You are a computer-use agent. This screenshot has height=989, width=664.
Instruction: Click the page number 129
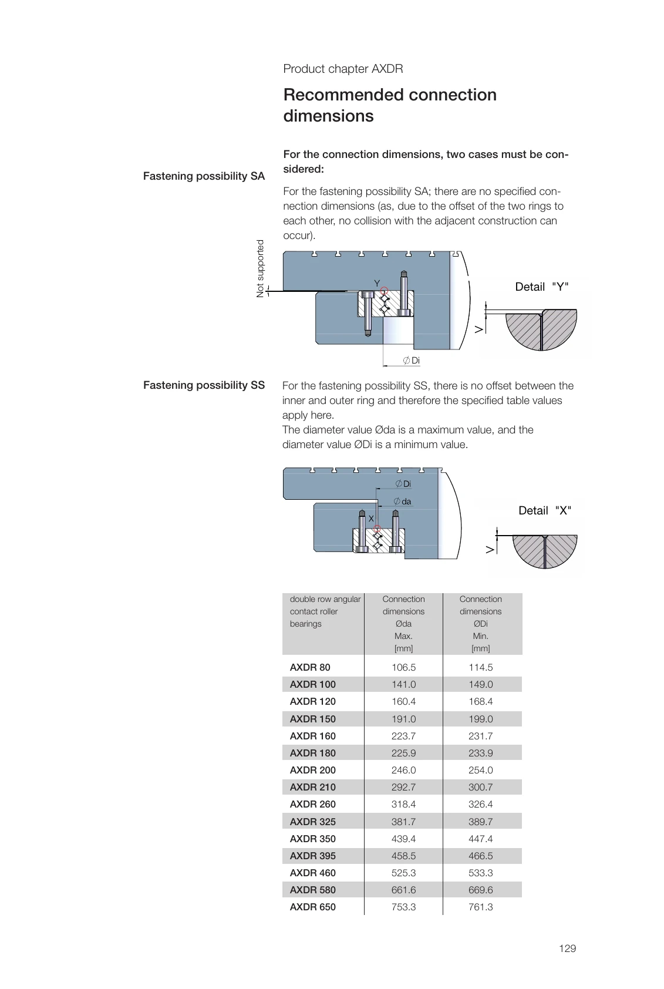coord(567,948)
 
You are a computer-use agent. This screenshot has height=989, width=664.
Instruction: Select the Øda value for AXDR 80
coord(403,667)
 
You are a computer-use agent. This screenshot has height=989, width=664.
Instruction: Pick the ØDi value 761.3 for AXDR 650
coord(480,907)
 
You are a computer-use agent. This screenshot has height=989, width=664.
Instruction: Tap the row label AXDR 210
coord(312,787)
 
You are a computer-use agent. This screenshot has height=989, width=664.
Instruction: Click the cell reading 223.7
coord(403,736)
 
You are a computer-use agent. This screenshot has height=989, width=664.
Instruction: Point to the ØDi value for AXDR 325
coord(480,822)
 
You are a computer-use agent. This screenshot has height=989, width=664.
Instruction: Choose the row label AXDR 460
coord(312,873)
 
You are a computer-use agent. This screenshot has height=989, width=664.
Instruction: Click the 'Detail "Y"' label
coord(541,287)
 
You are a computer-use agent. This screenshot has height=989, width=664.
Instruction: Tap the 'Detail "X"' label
coord(544,510)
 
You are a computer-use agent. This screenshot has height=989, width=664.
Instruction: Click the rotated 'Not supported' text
coord(261,268)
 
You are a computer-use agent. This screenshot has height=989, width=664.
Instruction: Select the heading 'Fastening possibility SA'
coord(204,176)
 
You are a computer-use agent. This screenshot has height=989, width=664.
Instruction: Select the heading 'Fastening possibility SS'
coord(204,385)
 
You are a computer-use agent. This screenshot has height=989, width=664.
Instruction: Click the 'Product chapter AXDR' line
coord(343,69)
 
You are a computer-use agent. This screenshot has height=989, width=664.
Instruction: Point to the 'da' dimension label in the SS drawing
coord(406,502)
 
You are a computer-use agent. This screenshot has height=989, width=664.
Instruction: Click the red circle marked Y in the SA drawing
coord(384,290)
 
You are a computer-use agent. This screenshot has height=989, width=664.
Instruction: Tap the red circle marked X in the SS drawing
coord(377,528)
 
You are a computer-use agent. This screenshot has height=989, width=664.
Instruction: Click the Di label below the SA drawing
coord(415,361)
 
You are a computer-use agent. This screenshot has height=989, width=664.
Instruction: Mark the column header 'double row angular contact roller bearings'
coord(325,611)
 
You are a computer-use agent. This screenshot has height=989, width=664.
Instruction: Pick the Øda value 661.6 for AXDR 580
coord(403,890)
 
